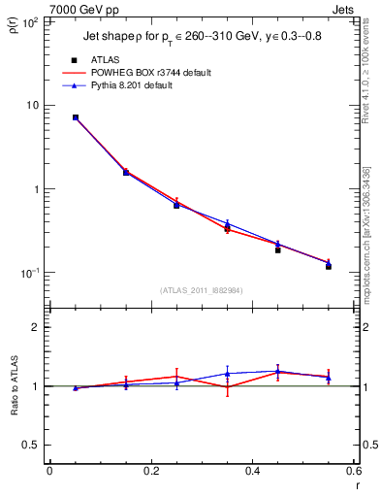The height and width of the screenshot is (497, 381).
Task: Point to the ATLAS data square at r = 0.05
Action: click(x=75, y=117)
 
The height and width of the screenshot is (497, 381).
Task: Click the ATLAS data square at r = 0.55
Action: click(x=329, y=265)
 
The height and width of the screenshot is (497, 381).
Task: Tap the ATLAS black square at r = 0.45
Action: click(x=277, y=249)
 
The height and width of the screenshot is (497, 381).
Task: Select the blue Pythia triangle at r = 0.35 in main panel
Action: click(x=227, y=222)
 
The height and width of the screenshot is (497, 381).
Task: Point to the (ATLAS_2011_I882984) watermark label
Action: click(x=201, y=290)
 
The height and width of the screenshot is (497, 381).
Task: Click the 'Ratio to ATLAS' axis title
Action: click(x=13, y=386)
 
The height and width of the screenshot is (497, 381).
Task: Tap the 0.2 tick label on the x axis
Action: click(x=150, y=471)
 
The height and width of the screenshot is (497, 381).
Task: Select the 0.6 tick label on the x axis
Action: click(x=353, y=471)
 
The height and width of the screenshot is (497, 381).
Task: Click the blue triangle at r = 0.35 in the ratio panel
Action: click(x=227, y=373)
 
